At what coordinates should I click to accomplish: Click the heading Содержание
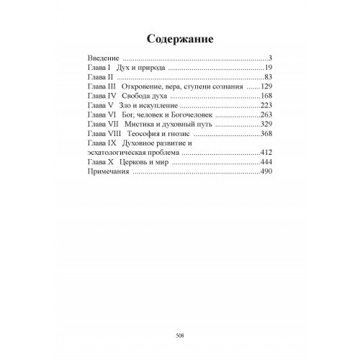[179, 37]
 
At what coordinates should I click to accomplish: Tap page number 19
[264, 67]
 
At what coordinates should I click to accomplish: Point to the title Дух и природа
[141, 67]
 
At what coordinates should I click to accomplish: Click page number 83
[264, 76]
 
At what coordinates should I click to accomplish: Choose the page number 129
[262, 86]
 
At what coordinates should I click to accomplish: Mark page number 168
[262, 96]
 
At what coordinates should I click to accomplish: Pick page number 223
[262, 106]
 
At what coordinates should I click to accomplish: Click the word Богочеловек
[191, 115]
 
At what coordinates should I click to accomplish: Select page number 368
[262, 135]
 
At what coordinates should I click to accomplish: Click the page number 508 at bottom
[180, 334]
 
